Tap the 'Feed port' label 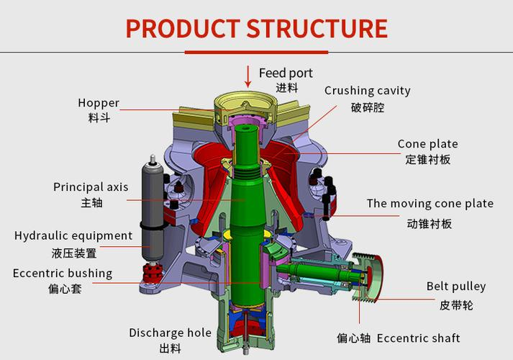click(286, 73)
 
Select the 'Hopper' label click(99, 103)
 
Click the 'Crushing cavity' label click(367, 91)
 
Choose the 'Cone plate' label click(427, 144)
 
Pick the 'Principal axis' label click(91, 187)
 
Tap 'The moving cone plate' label click(430, 203)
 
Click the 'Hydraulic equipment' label click(73, 235)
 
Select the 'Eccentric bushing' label click(63, 273)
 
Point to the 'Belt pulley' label click(456, 287)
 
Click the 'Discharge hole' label click(170, 333)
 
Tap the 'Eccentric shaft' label click(418, 338)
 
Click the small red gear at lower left click(152, 273)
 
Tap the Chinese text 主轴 click(91, 203)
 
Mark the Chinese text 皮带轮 click(456, 305)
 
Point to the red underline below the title click(256, 52)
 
